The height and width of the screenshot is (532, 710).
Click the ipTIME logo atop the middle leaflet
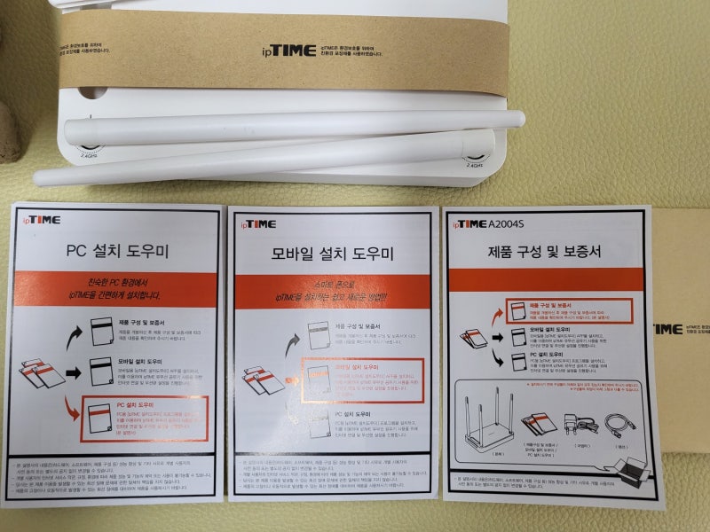pos(256,223)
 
